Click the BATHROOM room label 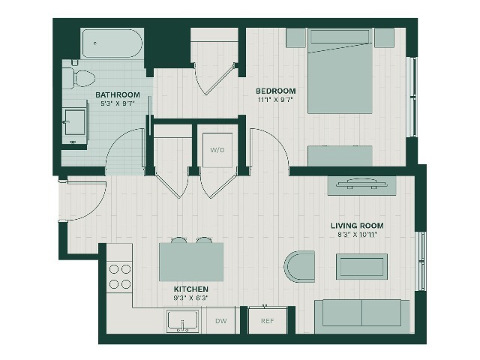(x=118, y=95)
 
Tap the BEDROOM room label (x=276, y=91)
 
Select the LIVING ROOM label (x=357, y=226)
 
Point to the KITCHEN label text (x=191, y=289)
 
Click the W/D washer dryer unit (x=217, y=150)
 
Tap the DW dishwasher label (x=221, y=321)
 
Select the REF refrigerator (x=268, y=321)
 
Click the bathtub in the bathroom (x=112, y=43)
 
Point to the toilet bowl (x=83, y=78)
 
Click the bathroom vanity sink (x=75, y=122)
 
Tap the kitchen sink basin (x=183, y=322)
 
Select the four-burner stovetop (x=120, y=277)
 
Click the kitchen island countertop (x=191, y=262)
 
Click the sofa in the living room (x=362, y=316)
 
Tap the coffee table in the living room (x=361, y=266)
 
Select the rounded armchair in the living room (x=299, y=266)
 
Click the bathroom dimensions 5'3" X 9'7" (x=118, y=103)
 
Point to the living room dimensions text (x=357, y=235)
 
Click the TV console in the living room (x=361, y=185)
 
